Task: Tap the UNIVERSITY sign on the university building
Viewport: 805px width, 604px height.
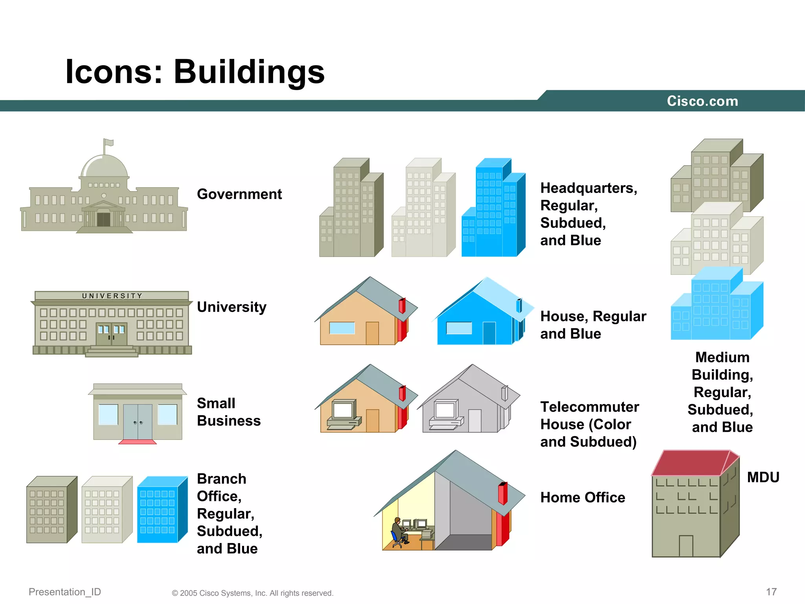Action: (112, 296)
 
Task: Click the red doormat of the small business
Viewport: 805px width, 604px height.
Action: (138, 442)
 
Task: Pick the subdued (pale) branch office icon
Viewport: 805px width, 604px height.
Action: (107, 510)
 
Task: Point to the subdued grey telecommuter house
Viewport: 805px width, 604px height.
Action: (468, 401)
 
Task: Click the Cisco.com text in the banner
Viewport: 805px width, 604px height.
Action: (702, 101)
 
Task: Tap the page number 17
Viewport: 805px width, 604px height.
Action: (771, 592)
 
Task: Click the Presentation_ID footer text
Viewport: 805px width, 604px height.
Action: (65, 592)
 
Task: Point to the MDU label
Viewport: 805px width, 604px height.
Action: (763, 477)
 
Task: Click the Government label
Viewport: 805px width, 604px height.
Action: (239, 194)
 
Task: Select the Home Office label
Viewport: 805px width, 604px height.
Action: (583, 497)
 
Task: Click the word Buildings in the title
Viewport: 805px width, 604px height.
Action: (249, 72)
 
